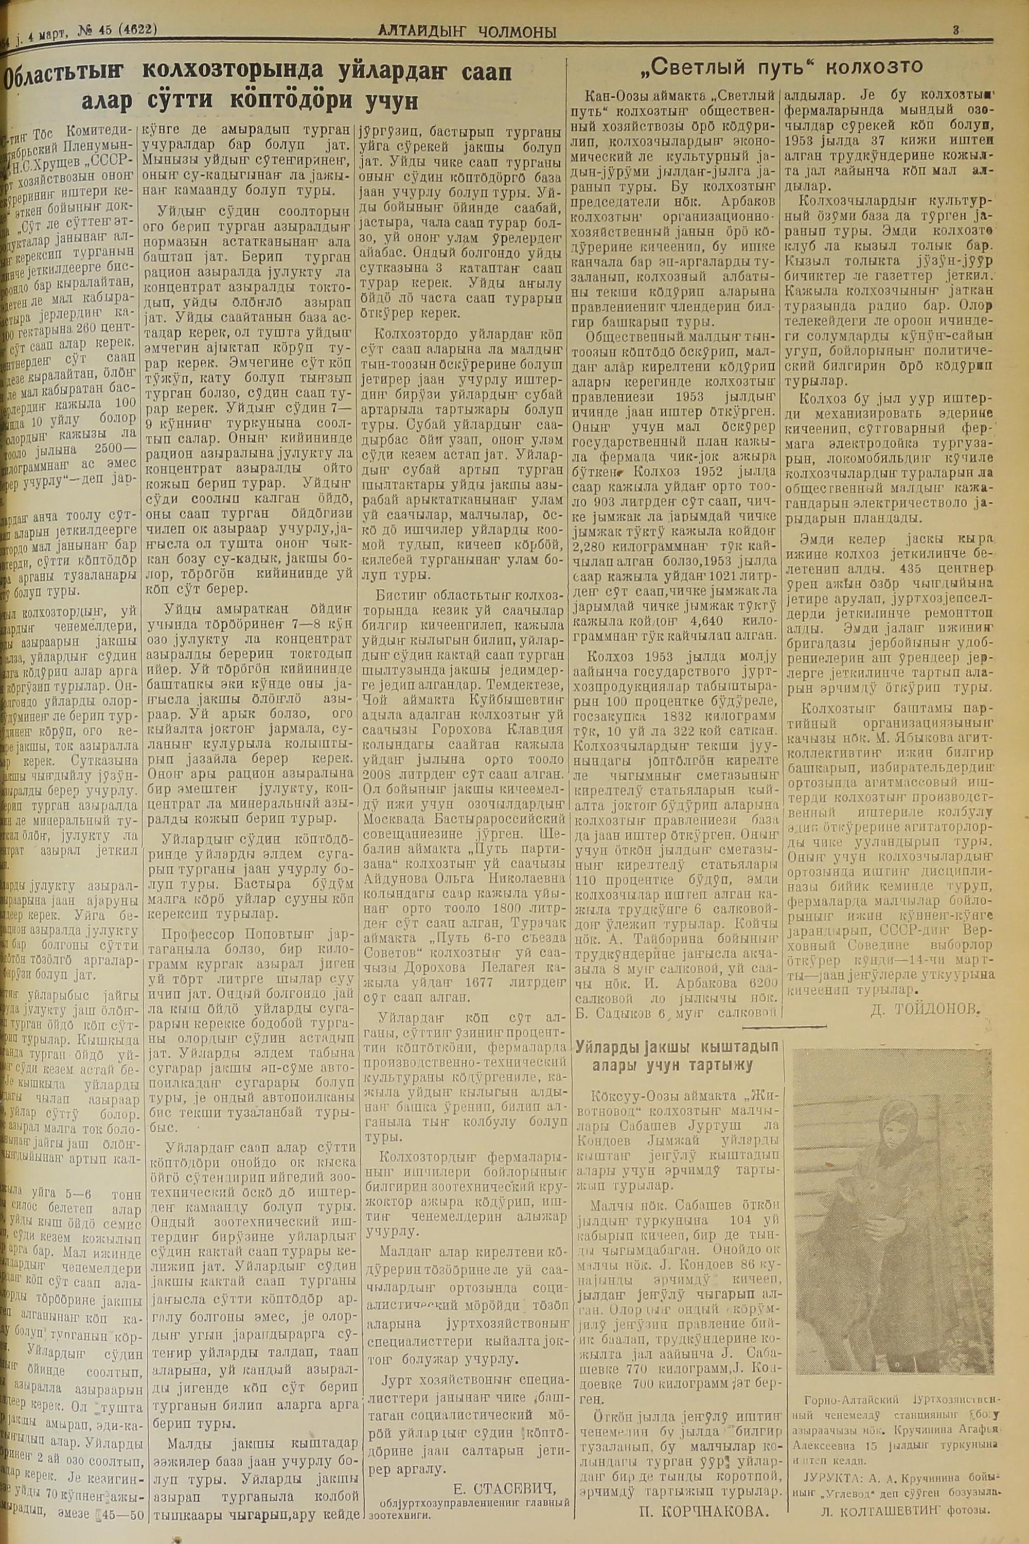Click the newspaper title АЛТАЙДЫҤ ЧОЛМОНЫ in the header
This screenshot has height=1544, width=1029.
467,31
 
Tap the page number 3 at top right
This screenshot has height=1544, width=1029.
956,29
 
